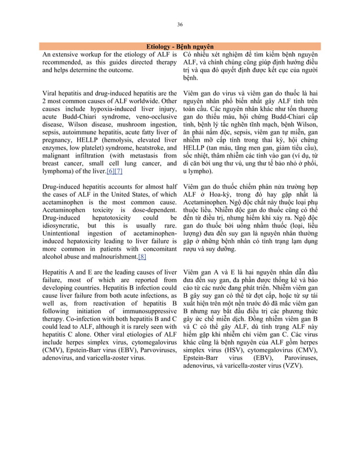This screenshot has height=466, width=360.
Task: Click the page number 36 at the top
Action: coord(180,25)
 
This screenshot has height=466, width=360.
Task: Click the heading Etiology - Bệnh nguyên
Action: coord(180,46)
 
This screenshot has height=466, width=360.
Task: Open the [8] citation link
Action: coord(142,257)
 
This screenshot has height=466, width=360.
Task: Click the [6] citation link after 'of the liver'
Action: coord(111,170)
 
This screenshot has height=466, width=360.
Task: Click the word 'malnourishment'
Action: coord(112,257)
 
